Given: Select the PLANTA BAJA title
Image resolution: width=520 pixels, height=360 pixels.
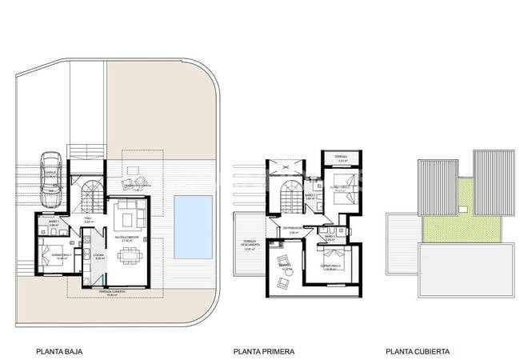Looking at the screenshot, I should [59, 351].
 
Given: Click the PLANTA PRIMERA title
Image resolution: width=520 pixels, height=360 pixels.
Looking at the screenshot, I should [264, 351].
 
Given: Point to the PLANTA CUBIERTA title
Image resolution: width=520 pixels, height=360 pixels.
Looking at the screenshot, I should [417, 351].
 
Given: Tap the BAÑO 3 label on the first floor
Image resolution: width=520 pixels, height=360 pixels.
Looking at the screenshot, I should [329, 237].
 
